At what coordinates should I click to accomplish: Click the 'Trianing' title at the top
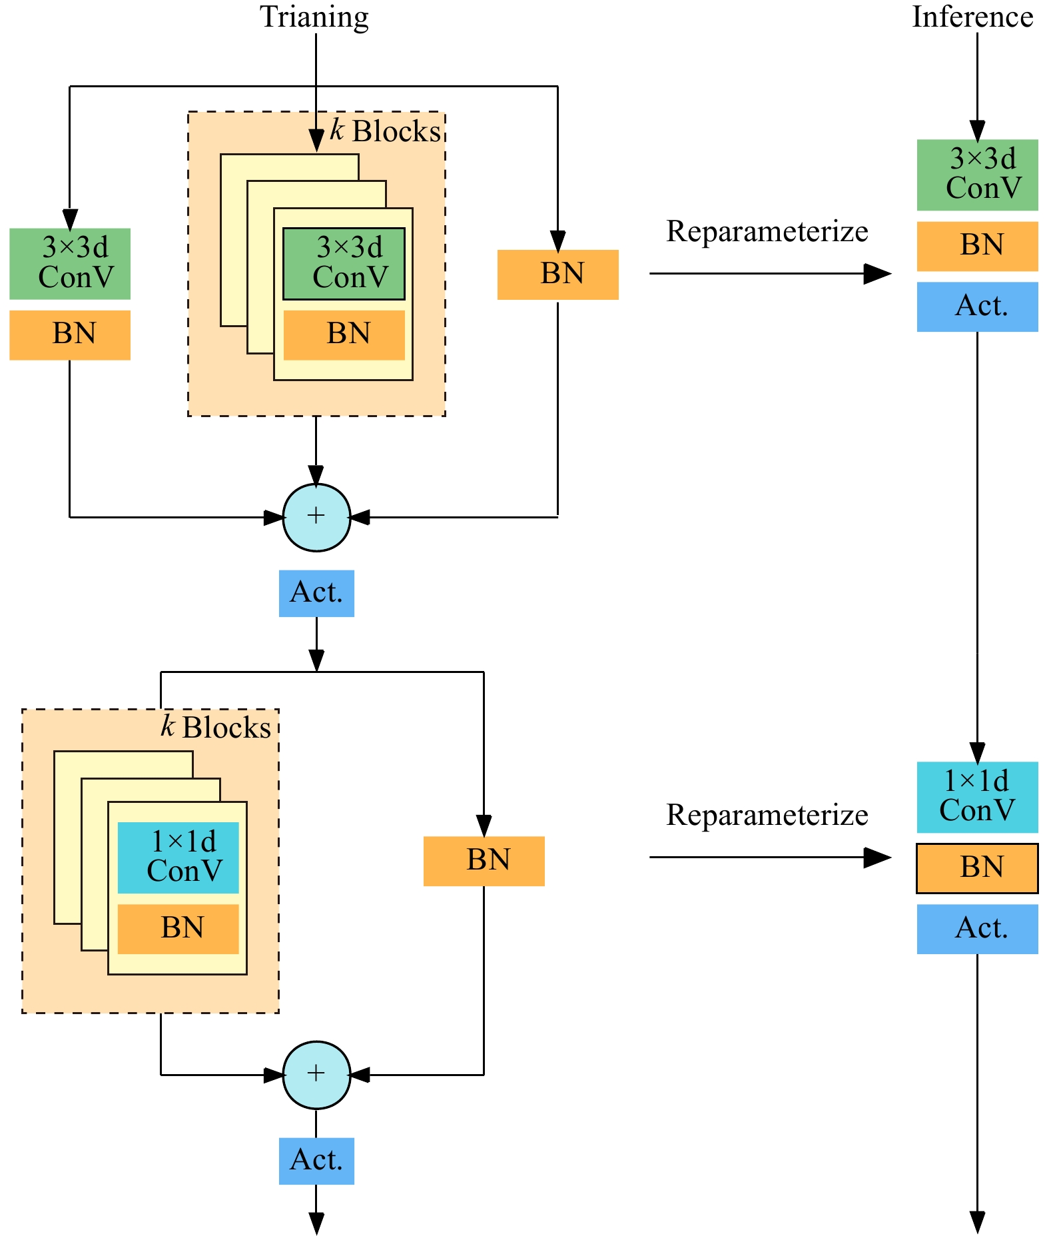[x=314, y=17]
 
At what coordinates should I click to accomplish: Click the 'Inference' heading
[x=972, y=17]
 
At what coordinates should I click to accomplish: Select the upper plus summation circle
[x=316, y=517]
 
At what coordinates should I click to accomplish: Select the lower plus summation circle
[x=316, y=1074]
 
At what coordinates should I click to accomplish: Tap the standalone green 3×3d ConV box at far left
[x=70, y=264]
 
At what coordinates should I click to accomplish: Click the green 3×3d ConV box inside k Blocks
[x=344, y=264]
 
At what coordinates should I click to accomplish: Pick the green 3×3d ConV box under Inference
[x=977, y=175]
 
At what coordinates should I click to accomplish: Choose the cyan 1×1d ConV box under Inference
[x=977, y=797]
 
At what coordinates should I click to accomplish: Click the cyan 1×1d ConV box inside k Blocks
[x=178, y=858]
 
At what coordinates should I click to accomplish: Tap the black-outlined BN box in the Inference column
[x=977, y=868]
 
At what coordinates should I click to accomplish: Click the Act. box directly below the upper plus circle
[x=316, y=593]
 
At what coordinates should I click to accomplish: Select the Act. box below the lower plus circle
[x=316, y=1161]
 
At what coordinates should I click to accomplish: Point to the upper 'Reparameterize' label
[x=767, y=232]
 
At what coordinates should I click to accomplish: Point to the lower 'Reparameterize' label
[x=767, y=815]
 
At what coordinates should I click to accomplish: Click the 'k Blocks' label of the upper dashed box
[x=386, y=131]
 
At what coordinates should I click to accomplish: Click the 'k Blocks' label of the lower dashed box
[x=216, y=727]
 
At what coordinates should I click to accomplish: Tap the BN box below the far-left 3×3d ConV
[x=70, y=334]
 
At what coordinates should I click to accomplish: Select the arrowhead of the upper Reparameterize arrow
[x=878, y=273]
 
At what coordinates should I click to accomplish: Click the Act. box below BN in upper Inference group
[x=977, y=307]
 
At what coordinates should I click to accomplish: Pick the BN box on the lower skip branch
[x=484, y=861]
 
